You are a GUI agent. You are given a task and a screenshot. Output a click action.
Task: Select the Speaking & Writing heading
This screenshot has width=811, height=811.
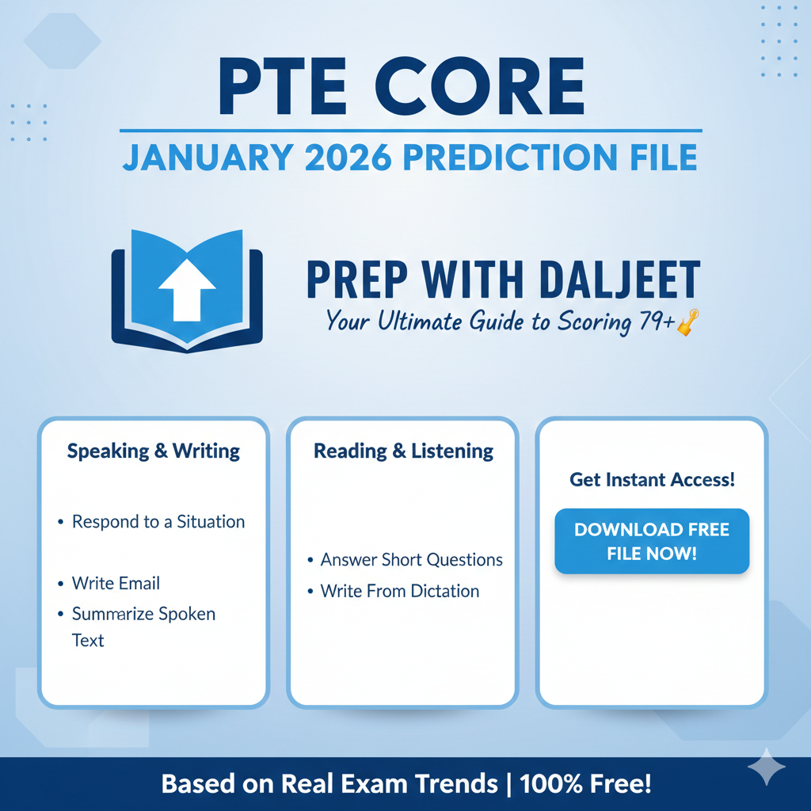153,451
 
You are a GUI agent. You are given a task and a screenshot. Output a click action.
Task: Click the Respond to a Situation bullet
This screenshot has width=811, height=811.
158,522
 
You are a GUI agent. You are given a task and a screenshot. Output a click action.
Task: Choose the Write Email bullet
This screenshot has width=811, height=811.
116,584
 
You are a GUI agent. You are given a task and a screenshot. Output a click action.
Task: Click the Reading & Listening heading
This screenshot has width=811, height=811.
403,451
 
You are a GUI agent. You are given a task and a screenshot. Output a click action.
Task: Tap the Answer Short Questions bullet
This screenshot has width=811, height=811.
411,560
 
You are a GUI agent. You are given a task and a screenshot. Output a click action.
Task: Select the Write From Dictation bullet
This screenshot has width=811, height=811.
399,592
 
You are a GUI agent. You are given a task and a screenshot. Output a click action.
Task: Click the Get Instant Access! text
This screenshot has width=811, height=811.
651,479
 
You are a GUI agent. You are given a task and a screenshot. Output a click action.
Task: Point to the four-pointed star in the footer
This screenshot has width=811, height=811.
767,766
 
